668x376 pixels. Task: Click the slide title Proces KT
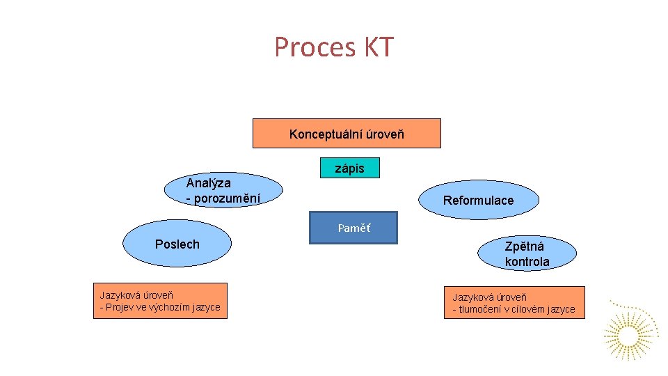tap(334, 47)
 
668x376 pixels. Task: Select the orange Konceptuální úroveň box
tap(346, 133)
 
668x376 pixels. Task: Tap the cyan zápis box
tap(350, 168)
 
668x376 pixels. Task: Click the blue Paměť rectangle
tap(353, 228)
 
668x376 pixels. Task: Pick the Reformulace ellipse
tap(479, 201)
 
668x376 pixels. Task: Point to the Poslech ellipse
tap(177, 244)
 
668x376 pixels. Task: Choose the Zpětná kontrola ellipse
tap(527, 253)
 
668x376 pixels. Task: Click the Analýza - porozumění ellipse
tap(223, 190)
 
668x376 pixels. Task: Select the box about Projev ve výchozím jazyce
tap(160, 301)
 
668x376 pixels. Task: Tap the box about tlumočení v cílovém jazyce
tap(514, 303)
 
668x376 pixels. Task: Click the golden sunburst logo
tap(629, 334)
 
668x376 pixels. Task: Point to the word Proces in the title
tap(315, 47)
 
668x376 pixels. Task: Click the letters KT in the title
tap(379, 47)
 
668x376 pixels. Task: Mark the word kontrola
tap(527, 262)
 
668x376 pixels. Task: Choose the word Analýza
tap(208, 182)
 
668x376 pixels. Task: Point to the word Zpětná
tap(525, 246)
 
